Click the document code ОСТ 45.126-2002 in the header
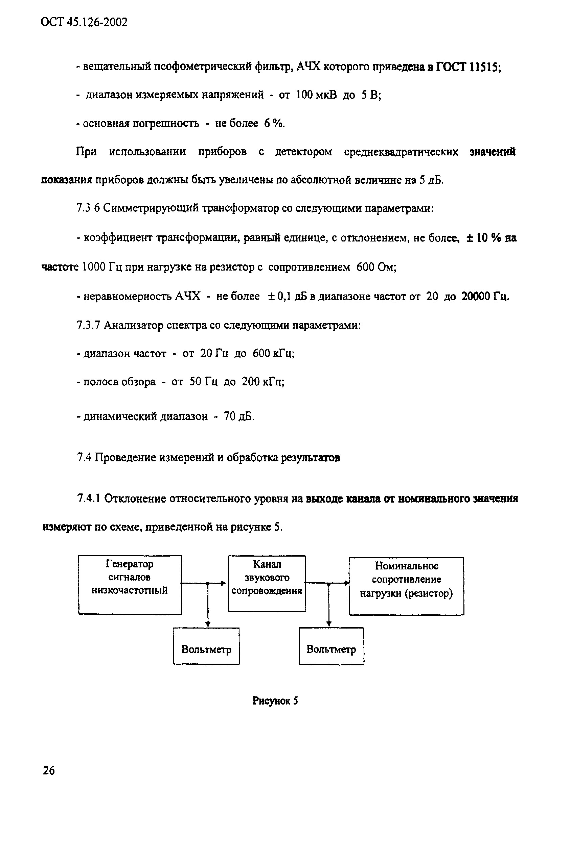(84, 23)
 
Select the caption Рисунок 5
(275, 700)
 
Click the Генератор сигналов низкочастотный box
(130, 584)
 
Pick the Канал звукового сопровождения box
(267, 583)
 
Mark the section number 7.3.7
(88, 325)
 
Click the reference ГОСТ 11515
(467, 67)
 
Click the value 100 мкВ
(316, 95)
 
